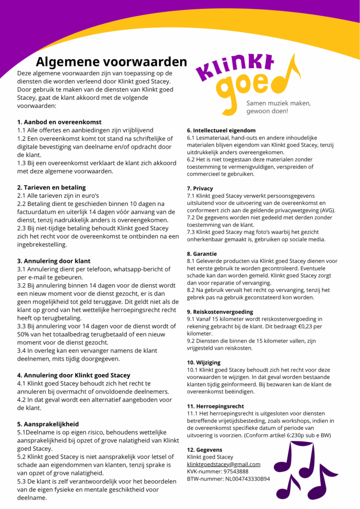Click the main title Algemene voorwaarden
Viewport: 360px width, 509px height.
coord(111,62)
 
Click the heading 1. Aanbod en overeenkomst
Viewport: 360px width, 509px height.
coord(59,122)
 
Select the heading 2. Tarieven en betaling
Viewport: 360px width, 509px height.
coord(51,187)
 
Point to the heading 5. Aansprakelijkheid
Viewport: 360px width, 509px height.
coord(48,424)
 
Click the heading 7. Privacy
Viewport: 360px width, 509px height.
coord(200,188)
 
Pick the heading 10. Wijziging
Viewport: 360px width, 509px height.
coord(204,363)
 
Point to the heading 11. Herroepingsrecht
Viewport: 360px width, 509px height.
coord(216,406)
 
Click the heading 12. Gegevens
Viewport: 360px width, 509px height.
coord(204,449)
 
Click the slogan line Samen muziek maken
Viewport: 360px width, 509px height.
coord(278,103)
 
